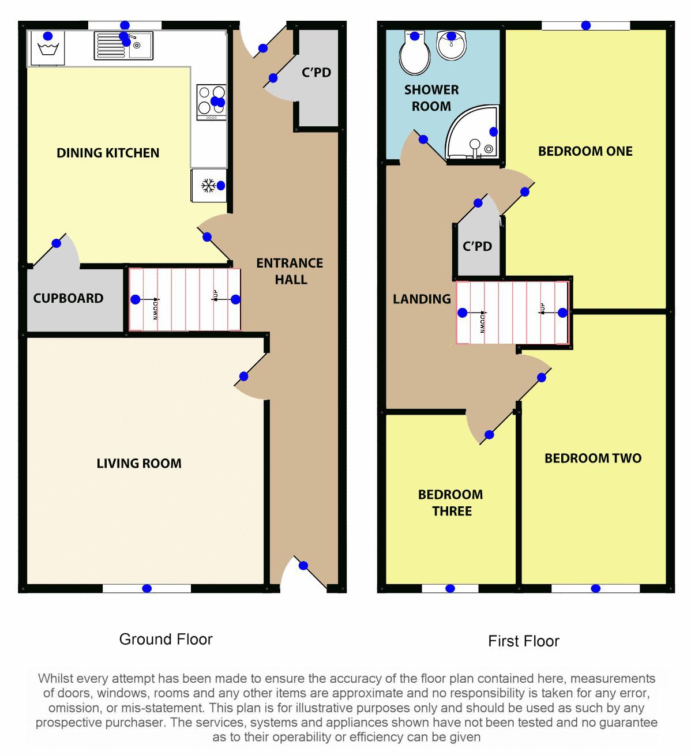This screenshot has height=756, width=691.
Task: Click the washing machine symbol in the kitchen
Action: [x=48, y=48]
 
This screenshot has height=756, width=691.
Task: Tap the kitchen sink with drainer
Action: [x=123, y=46]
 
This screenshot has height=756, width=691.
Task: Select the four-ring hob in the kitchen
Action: [x=212, y=102]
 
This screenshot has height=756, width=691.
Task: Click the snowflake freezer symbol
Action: [x=208, y=186]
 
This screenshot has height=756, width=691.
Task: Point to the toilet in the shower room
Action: [x=415, y=52]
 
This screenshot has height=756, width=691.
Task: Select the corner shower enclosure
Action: [x=472, y=132]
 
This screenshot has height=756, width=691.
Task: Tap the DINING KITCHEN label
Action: [x=108, y=153]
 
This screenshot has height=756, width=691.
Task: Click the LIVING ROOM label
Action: [x=139, y=464]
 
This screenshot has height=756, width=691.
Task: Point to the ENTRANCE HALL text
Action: [x=290, y=272]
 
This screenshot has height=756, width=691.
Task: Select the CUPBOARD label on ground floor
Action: [x=68, y=299]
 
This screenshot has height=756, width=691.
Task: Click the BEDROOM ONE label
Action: [x=585, y=152]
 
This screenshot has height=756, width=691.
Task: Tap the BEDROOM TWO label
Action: [x=593, y=458]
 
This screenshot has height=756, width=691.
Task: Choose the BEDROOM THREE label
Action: [x=451, y=503]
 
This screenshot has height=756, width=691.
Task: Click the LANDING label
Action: [x=422, y=299]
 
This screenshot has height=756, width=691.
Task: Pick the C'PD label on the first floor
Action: [x=477, y=246]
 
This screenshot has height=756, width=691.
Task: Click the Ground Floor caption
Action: [x=166, y=639]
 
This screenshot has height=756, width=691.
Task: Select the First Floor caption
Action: [x=524, y=641]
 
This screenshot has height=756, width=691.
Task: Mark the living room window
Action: [x=147, y=588]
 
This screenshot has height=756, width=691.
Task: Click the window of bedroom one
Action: [x=586, y=25]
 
